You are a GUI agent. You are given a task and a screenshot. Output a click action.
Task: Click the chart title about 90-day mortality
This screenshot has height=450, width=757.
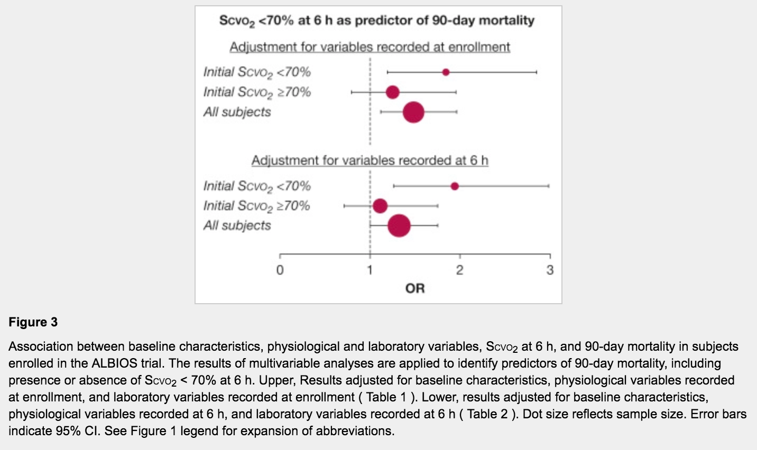point(376,21)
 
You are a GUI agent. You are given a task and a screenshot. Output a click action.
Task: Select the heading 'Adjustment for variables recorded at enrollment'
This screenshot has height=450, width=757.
point(370,47)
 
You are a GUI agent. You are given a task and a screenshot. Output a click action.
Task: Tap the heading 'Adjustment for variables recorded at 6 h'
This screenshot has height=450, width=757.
point(370,160)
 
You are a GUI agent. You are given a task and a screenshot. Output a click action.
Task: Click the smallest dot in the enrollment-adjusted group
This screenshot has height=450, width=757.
point(446,72)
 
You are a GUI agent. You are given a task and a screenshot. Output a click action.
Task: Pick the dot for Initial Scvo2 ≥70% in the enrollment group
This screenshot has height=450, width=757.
point(392,92)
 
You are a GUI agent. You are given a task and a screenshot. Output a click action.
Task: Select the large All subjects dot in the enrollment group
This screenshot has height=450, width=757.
point(413,112)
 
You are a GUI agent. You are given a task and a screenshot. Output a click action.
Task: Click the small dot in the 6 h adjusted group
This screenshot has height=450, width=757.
point(455,186)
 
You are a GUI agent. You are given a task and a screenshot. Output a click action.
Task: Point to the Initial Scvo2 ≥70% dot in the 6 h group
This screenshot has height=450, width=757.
point(380,205)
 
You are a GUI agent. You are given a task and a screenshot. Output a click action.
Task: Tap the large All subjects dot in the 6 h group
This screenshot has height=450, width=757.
point(399,226)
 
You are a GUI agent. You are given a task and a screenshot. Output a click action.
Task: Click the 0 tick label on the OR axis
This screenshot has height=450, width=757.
point(280,270)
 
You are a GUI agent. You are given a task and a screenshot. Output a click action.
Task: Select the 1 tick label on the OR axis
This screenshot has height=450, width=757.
point(370,270)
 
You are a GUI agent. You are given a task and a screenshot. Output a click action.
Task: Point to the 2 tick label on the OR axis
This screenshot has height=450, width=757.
point(459,270)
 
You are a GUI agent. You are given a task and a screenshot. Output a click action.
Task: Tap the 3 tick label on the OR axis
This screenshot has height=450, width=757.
point(550,270)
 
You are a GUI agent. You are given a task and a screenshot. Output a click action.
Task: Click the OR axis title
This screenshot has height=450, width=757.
point(415,288)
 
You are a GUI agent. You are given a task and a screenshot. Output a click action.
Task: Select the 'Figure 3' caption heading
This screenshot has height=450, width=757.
point(33,322)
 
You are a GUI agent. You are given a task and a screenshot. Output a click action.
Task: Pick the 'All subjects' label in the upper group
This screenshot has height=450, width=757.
point(237,112)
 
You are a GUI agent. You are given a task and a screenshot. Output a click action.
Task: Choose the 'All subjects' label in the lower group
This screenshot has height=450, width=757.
point(237,226)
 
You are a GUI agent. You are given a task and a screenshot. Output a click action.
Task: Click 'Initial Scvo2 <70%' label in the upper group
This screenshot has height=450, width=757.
point(257,72)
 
